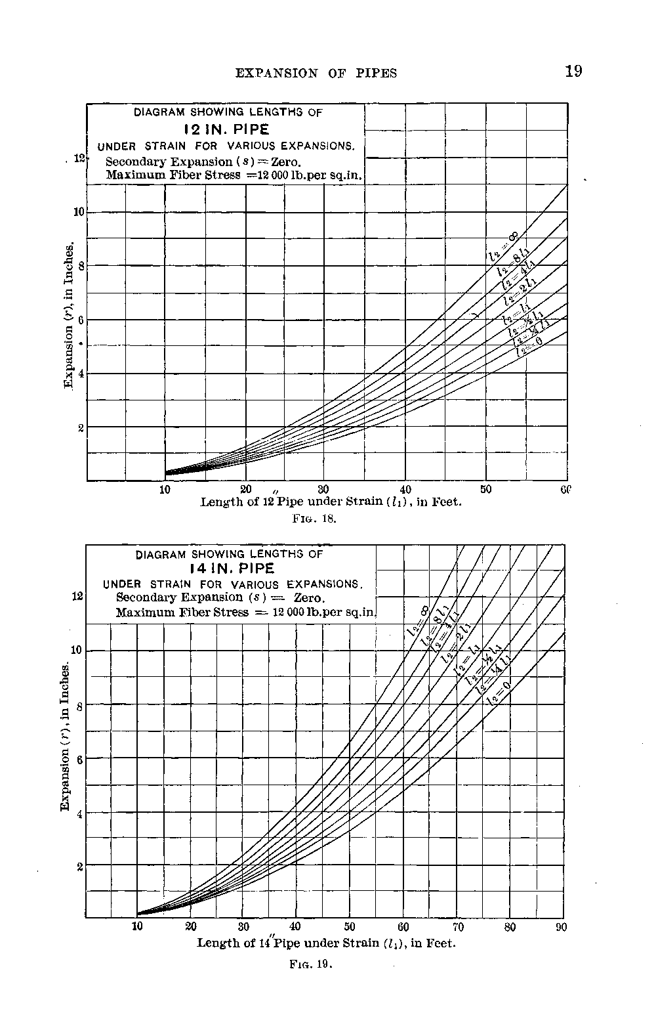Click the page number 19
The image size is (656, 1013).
click(573, 72)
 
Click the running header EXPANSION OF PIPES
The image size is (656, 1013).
click(316, 74)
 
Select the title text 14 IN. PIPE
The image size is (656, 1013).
click(229, 569)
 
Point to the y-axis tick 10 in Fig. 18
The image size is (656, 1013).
click(78, 212)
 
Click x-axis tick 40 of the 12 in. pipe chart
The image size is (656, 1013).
click(405, 490)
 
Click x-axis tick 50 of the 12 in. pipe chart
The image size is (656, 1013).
click(485, 490)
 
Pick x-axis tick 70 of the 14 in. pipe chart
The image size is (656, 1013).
click(458, 927)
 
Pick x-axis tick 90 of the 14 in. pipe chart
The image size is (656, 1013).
click(561, 927)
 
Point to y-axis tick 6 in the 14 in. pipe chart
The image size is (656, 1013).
click(80, 760)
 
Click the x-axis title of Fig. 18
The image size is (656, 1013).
click(331, 502)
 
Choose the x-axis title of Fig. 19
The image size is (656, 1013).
click(326, 943)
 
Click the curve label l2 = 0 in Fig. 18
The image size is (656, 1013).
click(529, 346)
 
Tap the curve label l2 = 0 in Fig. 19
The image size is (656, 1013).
click(499, 693)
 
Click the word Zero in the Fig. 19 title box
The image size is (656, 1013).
click(310, 597)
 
